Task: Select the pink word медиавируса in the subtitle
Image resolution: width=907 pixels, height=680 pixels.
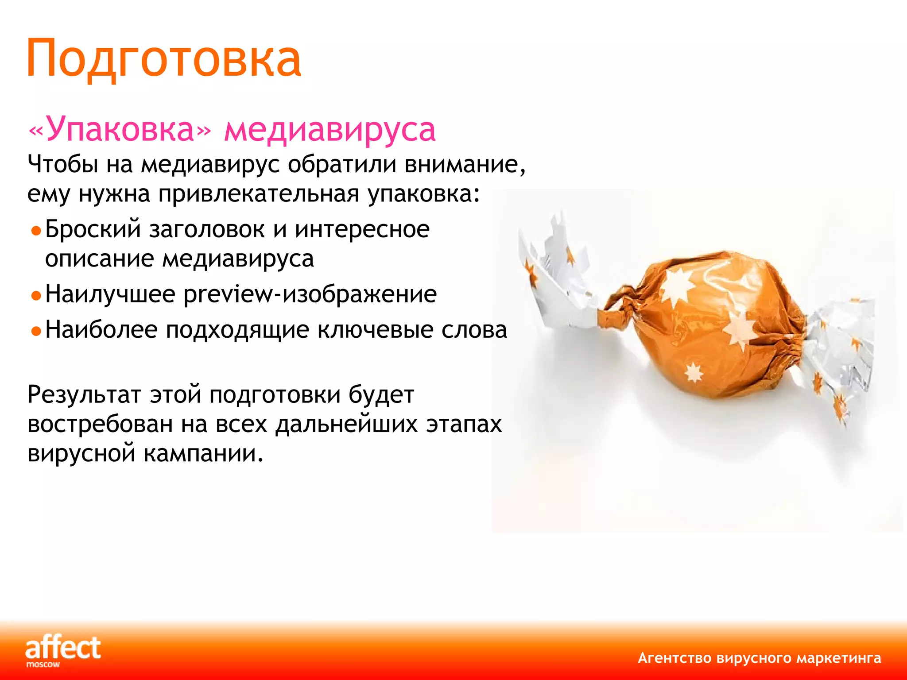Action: [330, 130]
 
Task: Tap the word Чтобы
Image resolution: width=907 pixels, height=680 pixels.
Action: [62, 165]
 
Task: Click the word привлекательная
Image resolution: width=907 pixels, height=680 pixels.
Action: [259, 194]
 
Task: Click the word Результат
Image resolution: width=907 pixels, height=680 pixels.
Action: [84, 395]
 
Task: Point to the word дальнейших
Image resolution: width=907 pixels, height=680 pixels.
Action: [346, 425]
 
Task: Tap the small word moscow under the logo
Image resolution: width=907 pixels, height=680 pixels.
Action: [43, 665]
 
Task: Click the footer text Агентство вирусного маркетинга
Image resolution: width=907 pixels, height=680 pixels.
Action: [759, 658]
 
